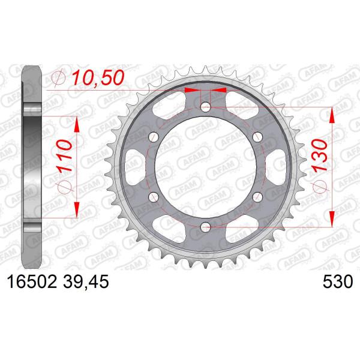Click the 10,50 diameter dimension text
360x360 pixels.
98,77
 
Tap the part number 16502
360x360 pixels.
32,282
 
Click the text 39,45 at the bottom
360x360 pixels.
86,282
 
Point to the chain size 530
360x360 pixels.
337,282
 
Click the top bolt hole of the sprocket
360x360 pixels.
205,107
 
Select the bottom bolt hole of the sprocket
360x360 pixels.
205,227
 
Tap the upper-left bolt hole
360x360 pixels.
154,137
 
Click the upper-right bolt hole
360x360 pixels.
257,137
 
